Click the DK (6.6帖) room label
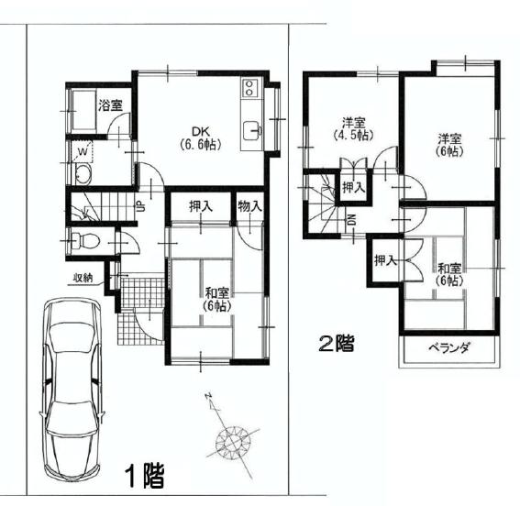(x=200, y=138)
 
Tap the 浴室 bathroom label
(x=110, y=105)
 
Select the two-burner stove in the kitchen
(x=248, y=87)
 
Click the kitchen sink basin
(x=250, y=131)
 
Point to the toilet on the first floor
(x=85, y=240)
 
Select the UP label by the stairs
(x=141, y=207)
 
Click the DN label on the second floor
(x=351, y=219)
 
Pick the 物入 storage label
(x=250, y=206)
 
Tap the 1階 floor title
(x=146, y=476)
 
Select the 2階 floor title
(x=337, y=343)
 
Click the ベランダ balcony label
(x=449, y=347)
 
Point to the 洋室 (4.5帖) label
(x=354, y=129)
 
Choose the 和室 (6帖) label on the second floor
(x=449, y=274)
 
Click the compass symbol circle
(x=232, y=442)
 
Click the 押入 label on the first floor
(x=201, y=206)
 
